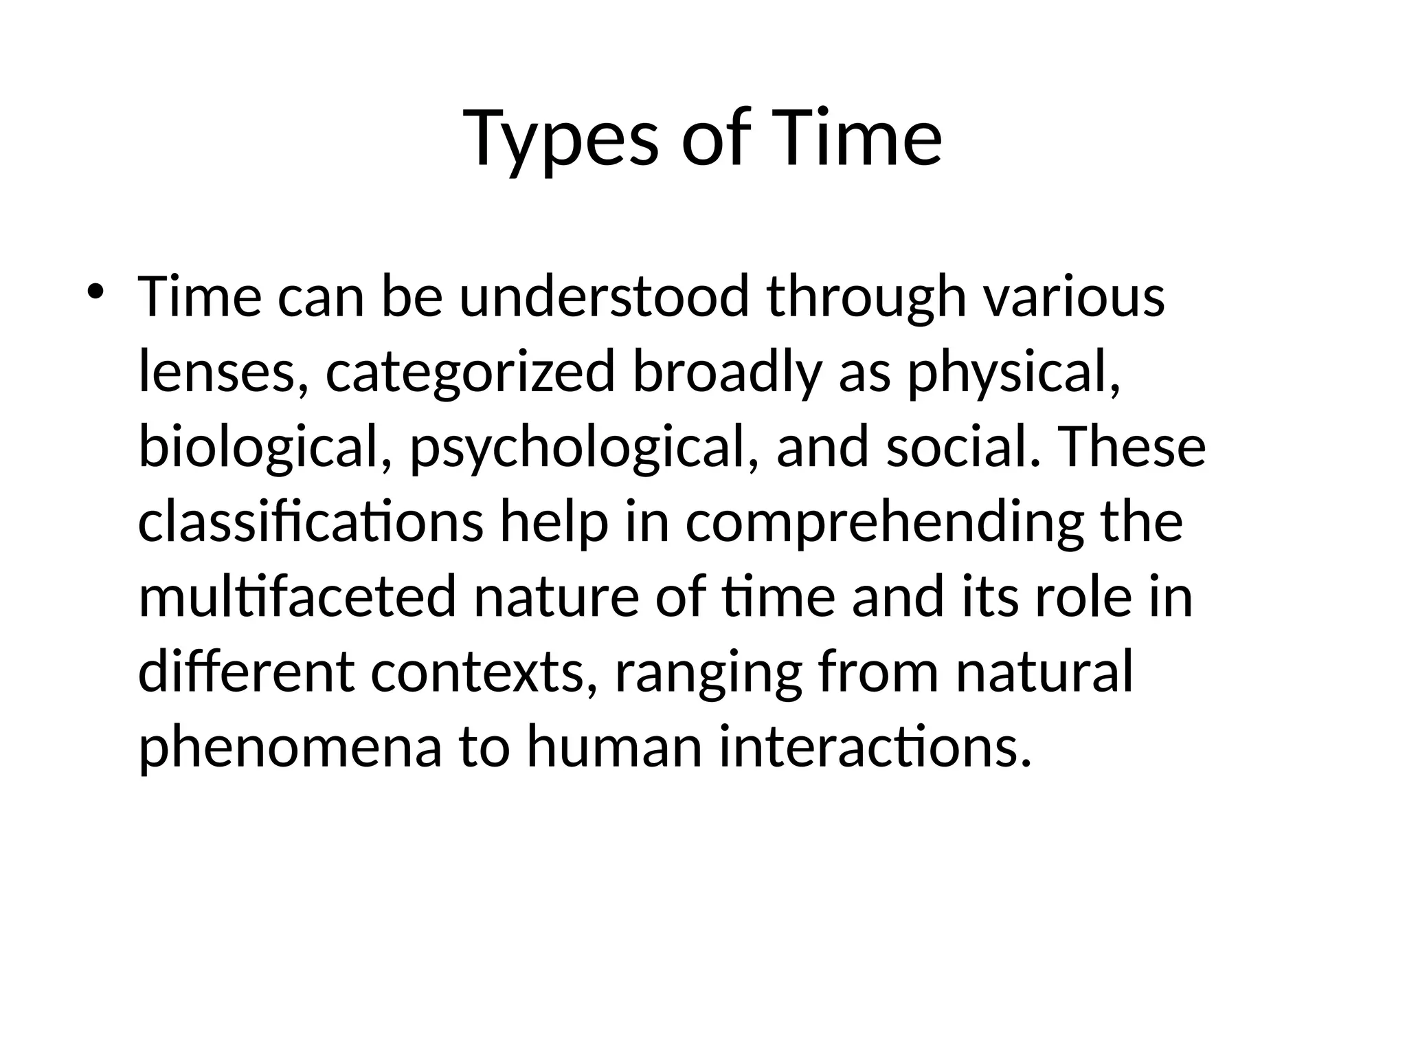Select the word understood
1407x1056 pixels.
(x=603, y=296)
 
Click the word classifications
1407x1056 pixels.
(x=311, y=522)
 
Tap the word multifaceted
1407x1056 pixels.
(x=297, y=597)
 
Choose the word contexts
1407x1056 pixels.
(x=482, y=672)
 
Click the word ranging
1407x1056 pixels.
(x=708, y=674)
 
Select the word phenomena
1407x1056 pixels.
(x=290, y=748)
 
